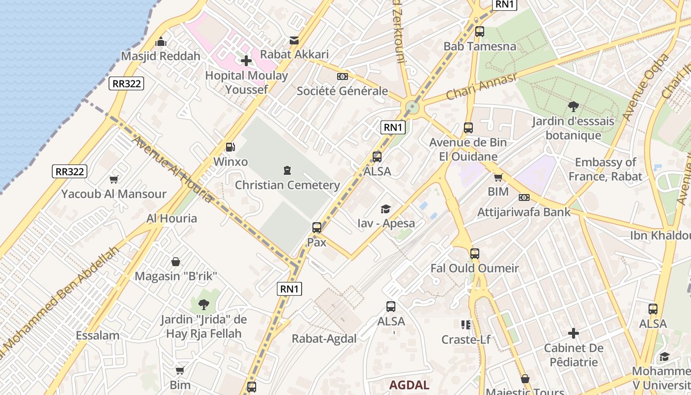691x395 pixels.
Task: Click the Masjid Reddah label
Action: click(161, 56)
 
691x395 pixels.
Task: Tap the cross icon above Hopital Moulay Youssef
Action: click(246, 61)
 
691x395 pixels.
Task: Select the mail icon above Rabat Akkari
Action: click(294, 40)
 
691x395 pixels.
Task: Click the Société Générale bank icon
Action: click(342, 77)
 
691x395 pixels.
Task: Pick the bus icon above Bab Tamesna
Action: click(479, 32)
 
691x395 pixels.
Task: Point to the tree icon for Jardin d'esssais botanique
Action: click(573, 107)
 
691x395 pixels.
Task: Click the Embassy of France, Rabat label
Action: click(605, 169)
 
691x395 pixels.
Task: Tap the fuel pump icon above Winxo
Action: click(230, 147)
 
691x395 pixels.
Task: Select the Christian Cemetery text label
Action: click(287, 185)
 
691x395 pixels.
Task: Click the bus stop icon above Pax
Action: click(317, 228)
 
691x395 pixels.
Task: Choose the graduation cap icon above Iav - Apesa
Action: click(385, 209)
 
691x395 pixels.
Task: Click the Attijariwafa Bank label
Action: click(524, 212)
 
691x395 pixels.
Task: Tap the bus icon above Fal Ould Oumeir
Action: click(474, 254)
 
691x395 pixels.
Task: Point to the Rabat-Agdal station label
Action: click(324, 339)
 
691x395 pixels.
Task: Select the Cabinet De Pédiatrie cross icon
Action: click(573, 334)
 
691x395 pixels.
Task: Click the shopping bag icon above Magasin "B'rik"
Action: click(176, 262)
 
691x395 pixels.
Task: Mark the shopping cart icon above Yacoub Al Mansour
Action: click(114, 180)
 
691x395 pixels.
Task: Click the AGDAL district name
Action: click(409, 385)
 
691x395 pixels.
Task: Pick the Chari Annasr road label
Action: click(481, 86)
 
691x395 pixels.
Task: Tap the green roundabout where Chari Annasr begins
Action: click(412, 107)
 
